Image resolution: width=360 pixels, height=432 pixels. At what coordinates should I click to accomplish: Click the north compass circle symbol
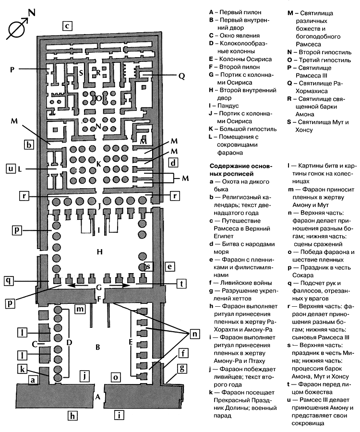pos(17,30)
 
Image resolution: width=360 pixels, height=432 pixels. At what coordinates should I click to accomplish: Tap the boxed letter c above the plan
pos(68,26)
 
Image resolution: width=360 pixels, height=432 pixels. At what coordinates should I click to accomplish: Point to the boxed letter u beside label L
pos(11,168)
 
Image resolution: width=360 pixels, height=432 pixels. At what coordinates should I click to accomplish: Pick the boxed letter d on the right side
pos(173,163)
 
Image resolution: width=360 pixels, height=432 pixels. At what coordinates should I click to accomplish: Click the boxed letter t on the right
pos(180,284)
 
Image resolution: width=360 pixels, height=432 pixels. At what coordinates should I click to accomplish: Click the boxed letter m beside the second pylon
pos(81,307)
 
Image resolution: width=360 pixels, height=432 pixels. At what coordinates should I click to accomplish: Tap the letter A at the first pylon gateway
pos(97,397)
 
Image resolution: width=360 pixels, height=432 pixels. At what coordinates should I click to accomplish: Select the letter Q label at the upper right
pos(181,75)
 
